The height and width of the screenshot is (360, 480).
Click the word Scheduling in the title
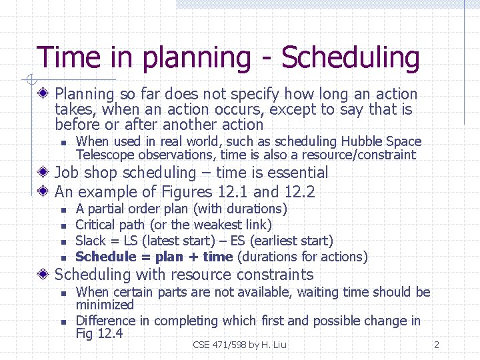click(351, 59)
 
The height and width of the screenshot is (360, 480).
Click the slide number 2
click(436, 345)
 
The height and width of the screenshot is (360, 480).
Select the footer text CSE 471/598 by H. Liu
click(239, 345)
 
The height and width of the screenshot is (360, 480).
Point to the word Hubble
click(361, 141)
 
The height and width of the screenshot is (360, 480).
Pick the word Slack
click(91, 241)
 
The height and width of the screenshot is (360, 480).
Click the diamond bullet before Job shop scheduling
click(45, 173)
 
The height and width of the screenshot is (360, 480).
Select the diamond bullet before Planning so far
click(45, 94)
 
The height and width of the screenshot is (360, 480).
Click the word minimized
click(105, 305)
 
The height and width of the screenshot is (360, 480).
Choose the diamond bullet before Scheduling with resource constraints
click(45, 275)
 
